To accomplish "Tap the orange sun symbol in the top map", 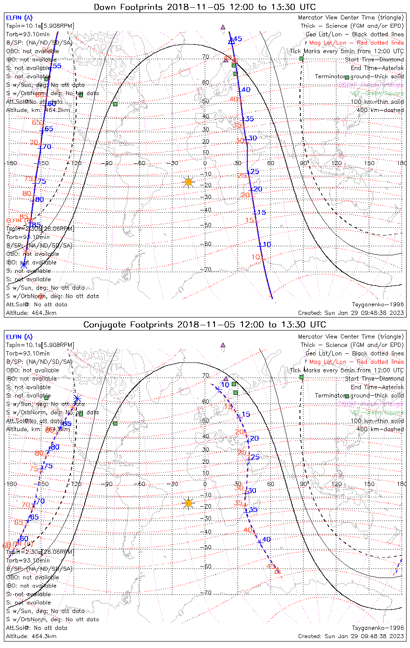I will (188, 182).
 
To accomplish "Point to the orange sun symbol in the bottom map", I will (188, 503).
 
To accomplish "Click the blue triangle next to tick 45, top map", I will (231, 41).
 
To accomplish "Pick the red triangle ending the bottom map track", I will (277, 571).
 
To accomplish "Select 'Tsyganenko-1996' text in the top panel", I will (378, 305).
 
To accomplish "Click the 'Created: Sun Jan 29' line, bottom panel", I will (351, 636).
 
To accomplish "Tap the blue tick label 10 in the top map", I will (267, 245).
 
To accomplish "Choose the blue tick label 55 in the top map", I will (57, 66).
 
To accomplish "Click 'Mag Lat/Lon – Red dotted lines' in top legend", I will (356, 43).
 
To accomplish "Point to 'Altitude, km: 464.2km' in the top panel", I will (38, 110).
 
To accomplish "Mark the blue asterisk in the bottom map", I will (77, 398).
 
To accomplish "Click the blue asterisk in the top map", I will (24, 264).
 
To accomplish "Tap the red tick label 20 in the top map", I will (245, 195).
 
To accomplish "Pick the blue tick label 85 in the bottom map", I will (67, 424).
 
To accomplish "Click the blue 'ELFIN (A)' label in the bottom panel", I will (19, 337).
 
